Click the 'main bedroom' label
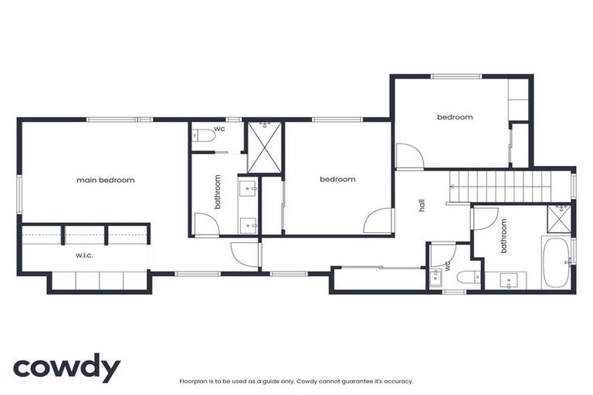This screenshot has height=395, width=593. point(105,180)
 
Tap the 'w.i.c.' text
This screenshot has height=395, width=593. point(84,255)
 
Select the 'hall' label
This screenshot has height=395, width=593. point(422,205)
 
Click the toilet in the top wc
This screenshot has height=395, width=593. point(205,137)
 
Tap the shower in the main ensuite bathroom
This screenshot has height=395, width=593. point(265,147)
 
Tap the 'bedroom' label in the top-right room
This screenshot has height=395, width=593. point(455,117)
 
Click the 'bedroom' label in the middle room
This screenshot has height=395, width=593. point(337,179)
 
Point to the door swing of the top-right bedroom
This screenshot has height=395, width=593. point(408,157)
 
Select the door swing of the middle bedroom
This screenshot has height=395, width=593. point(381,221)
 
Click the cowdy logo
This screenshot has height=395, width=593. point(66,368)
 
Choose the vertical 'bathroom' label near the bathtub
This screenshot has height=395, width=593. point(504,236)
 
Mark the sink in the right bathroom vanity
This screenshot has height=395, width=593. point(510,279)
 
